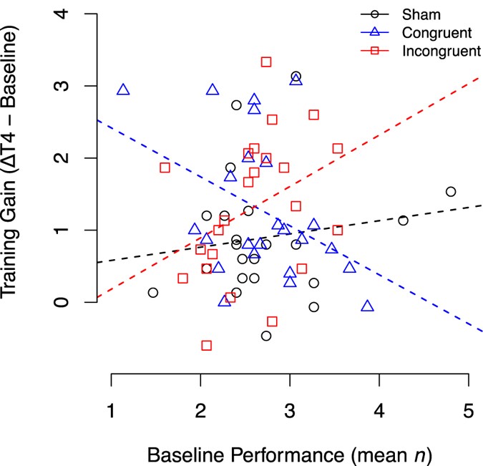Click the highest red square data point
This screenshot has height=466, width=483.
point(266,62)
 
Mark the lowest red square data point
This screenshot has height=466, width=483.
point(207,345)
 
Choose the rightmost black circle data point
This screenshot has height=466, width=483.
point(451,191)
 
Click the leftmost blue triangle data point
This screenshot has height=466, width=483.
point(123,90)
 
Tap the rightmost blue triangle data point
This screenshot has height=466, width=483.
point(368,306)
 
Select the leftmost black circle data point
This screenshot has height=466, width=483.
point(153,292)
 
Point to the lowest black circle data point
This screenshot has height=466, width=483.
point(266,336)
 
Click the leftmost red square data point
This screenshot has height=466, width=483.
point(165,168)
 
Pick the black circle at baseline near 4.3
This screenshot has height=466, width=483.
point(403,220)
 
